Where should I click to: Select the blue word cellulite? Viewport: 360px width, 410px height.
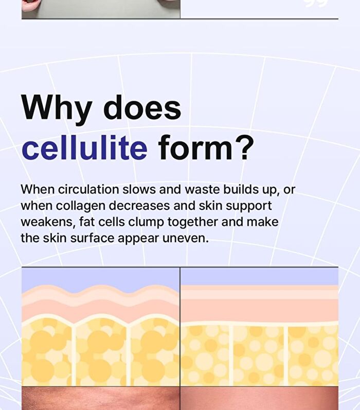tap(84, 147)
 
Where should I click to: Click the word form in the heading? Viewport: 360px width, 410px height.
tap(195, 147)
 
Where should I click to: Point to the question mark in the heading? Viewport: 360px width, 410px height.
tap(244, 147)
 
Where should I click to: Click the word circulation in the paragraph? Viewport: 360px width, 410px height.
tap(88, 189)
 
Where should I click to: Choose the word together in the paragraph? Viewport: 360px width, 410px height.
tap(192, 223)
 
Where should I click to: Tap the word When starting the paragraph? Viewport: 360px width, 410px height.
tap(38, 189)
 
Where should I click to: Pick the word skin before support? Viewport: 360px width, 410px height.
tap(211, 206)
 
